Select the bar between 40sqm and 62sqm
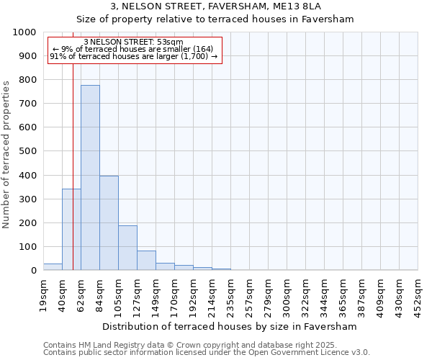point(71,230)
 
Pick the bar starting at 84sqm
point(109,223)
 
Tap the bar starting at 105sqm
point(127,248)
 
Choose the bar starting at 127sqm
point(146,261)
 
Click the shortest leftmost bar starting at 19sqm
point(53,267)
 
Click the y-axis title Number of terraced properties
point(7,154)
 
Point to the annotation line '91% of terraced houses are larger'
point(133,56)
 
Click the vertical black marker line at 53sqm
point(73,180)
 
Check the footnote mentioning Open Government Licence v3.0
point(207,353)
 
